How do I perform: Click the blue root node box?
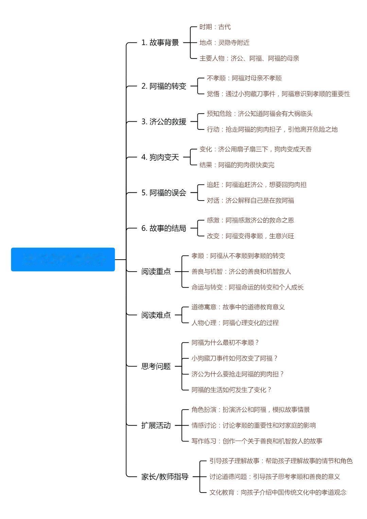point(63,259)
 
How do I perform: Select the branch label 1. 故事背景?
point(160,42)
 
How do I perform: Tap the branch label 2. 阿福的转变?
point(164,86)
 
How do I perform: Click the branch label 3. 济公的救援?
point(164,122)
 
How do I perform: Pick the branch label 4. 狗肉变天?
point(160,157)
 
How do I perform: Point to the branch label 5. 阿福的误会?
point(164,193)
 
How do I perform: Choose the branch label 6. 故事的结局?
point(164,228)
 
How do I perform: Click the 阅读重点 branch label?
point(156,271)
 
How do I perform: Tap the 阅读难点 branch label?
point(156,315)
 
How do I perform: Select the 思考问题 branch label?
point(156,366)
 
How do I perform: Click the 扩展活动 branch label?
point(156,425)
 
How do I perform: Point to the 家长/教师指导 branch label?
point(165,477)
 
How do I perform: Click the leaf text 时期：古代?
point(215,27)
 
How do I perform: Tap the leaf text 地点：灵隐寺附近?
point(224,42)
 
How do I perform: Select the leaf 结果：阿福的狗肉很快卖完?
point(237,165)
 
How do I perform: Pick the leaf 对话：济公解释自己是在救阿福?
point(250,200)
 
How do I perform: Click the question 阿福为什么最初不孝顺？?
point(225,342)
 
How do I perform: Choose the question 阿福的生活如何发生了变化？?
point(232,390)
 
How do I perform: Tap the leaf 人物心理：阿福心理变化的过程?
point(235,323)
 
